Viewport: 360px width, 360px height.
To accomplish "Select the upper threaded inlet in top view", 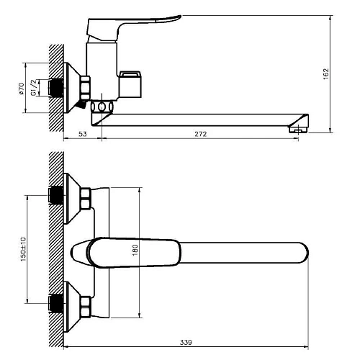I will [54, 195].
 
